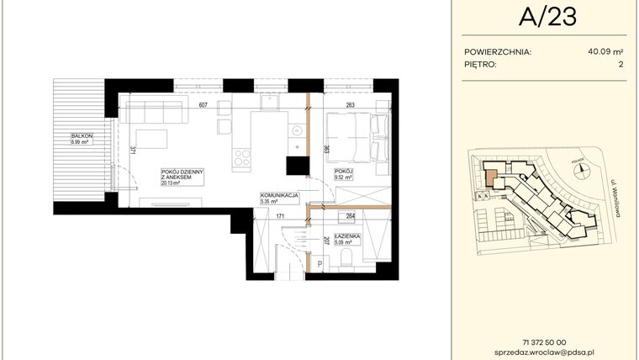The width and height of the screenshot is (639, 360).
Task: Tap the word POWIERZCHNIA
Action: (x=497, y=51)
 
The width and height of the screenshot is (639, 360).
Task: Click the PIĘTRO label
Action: (x=480, y=64)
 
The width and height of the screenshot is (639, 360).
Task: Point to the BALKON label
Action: (x=81, y=136)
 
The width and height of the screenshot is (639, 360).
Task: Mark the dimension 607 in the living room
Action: (x=203, y=106)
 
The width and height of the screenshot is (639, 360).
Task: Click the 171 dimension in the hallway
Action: (x=282, y=217)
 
